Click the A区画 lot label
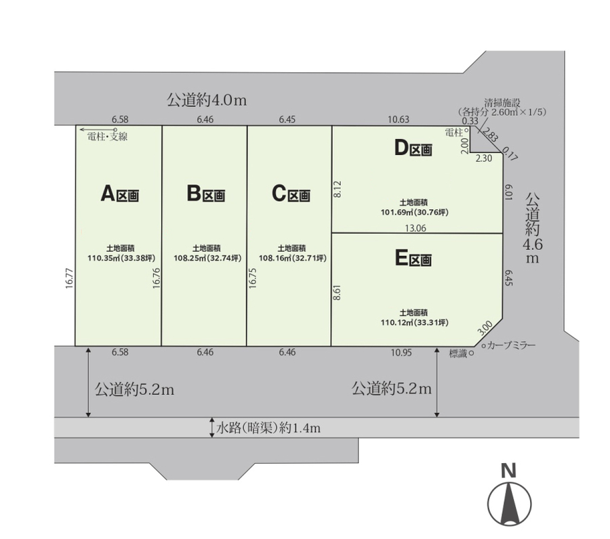click(120, 194)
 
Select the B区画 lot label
click(206, 194)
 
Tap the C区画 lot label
click(291, 194)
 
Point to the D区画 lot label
click(413, 148)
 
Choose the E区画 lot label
click(413, 258)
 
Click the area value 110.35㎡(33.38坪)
click(121, 258)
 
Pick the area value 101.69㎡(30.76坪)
click(415, 213)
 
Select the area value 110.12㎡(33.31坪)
click(415, 322)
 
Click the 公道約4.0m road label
click(207, 100)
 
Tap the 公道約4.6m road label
click(533, 228)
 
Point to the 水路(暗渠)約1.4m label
click(268, 428)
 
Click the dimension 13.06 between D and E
click(415, 228)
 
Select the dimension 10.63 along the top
click(399, 119)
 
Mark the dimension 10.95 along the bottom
click(401, 353)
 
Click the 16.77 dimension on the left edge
click(70, 278)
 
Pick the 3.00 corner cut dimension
click(485, 328)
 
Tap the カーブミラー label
click(511, 345)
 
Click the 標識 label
click(458, 353)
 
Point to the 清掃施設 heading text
click(502, 103)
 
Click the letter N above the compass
click(508, 471)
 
